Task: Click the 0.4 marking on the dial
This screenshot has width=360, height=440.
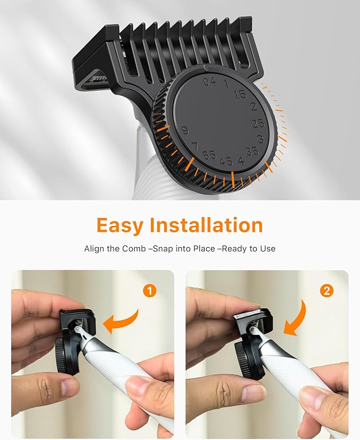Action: [210, 82]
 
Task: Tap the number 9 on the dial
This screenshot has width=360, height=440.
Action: [185, 130]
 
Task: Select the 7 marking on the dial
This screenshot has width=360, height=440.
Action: [195, 146]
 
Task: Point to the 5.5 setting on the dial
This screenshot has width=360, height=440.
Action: [209, 155]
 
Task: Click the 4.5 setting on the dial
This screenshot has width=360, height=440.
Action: [226, 161]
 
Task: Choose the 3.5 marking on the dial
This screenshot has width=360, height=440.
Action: [252, 151]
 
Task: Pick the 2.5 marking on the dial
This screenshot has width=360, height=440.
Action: [258, 124]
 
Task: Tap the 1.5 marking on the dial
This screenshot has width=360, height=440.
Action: [241, 94]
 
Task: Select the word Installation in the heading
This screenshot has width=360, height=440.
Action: [206, 225]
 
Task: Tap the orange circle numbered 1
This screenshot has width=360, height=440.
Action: [150, 291]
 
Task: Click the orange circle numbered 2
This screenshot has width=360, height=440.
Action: [327, 291]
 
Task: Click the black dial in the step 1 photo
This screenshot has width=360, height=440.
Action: [66, 356]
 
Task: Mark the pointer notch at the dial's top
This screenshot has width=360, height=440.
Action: [205, 68]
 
